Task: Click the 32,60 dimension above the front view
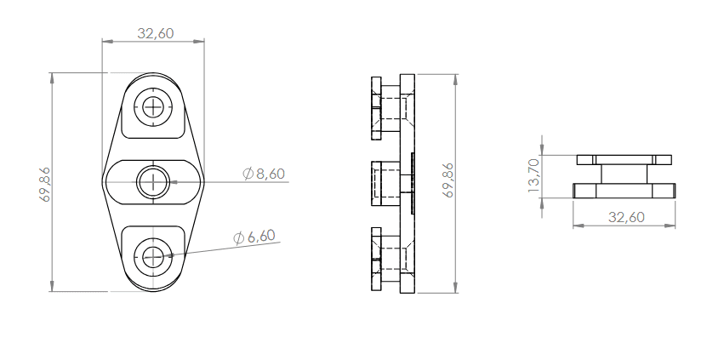coord(155,33)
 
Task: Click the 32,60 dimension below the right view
coord(625,217)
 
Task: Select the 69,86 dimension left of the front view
coord(44,183)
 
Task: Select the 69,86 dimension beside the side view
coord(448,180)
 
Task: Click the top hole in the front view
coord(153,107)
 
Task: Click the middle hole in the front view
coord(153,180)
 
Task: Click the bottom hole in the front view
coord(153,254)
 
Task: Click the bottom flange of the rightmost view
coord(624,191)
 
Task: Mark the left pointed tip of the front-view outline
coord(103,181)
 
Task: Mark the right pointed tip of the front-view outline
coord(204,181)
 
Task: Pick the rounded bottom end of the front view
coord(153,290)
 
